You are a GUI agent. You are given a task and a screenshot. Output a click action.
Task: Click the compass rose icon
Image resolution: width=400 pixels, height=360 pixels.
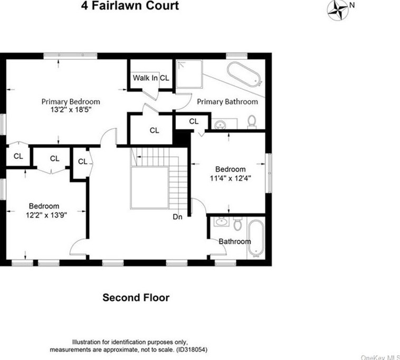(x=337, y=10)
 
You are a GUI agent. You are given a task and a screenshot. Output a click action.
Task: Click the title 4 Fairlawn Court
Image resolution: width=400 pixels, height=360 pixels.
(x=129, y=6)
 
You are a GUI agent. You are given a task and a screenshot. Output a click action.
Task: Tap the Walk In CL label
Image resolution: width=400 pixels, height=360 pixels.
(x=151, y=78)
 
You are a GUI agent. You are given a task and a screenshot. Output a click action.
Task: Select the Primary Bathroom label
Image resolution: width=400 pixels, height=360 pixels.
(x=227, y=101)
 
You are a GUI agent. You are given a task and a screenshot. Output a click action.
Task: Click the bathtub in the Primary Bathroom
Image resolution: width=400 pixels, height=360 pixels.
(x=244, y=74)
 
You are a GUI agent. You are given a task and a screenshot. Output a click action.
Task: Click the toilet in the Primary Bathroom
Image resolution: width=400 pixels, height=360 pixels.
(x=252, y=122)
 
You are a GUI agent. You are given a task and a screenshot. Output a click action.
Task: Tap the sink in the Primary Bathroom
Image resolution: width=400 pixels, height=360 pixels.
(x=221, y=125)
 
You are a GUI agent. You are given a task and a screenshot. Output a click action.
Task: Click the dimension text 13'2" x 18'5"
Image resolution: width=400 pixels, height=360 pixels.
(x=71, y=111)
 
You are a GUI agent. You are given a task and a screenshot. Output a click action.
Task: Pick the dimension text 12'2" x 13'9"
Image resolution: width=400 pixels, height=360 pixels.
(x=44, y=215)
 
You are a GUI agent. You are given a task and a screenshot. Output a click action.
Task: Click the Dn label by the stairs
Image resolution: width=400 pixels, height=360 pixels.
(x=178, y=216)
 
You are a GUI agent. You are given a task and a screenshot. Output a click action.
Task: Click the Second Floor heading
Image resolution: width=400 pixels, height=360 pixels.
(x=136, y=298)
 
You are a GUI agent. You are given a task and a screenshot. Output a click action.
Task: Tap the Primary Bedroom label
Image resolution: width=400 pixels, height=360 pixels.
(x=71, y=102)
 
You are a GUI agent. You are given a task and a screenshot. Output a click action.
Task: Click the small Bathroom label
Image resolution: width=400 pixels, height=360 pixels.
(x=235, y=242)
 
